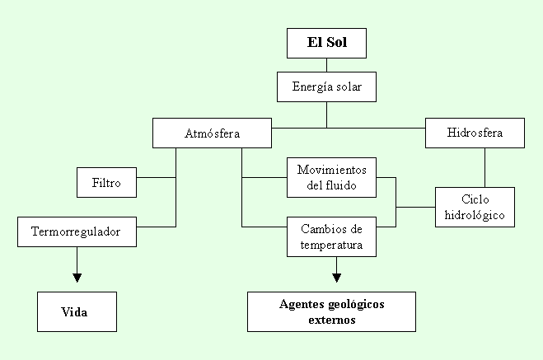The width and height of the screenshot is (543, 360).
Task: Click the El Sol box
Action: tap(326, 44)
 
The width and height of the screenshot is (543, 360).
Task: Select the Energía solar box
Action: tap(326, 86)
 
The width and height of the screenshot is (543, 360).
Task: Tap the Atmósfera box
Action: tap(212, 133)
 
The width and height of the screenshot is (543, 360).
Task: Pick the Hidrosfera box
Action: tap(475, 133)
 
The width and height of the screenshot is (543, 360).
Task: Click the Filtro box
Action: tap(106, 182)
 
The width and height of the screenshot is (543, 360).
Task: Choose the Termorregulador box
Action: tap(77, 232)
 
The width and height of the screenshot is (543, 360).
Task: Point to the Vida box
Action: tap(77, 311)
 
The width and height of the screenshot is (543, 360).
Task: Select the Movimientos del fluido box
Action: tap(331, 178)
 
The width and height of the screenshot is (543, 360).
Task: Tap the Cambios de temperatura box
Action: tap(331, 236)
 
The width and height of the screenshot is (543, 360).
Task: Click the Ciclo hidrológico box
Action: tap(475, 207)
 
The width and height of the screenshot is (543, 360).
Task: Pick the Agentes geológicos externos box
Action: tap(331, 311)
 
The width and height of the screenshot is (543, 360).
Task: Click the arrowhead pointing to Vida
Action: tap(77, 278)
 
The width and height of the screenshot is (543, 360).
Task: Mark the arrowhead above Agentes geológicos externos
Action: tap(337, 278)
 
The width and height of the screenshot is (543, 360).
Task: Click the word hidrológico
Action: tap(475, 215)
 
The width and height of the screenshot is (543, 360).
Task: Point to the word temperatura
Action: tap(331, 245)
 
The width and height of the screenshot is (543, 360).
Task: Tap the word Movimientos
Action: tap(331, 170)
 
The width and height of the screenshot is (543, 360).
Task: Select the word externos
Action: tap(332, 320)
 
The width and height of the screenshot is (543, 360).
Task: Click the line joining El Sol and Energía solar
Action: tap(326, 65)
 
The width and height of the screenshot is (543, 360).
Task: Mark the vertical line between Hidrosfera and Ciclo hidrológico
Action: tap(484, 167)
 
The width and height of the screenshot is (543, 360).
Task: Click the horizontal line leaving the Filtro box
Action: tap(157, 178)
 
